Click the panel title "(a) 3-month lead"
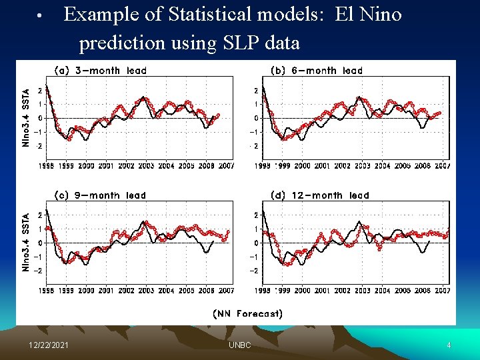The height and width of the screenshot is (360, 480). click(99, 70)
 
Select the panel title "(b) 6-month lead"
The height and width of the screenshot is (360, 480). click(316, 70)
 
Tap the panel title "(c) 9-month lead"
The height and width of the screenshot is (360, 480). click(99, 195)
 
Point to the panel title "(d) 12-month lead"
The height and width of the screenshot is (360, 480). click(320, 195)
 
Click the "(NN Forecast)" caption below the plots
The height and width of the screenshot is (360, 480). click(247, 313)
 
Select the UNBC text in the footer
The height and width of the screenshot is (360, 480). click(240, 345)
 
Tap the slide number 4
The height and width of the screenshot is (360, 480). click(449, 345)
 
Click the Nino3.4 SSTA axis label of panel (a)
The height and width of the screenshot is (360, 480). click(26, 118)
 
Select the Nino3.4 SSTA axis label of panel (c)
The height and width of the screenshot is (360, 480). click(26, 242)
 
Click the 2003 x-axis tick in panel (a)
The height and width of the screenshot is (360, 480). click(145, 166)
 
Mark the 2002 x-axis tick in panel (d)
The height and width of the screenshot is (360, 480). click(342, 291)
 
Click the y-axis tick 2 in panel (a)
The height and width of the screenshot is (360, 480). click(40, 90)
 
